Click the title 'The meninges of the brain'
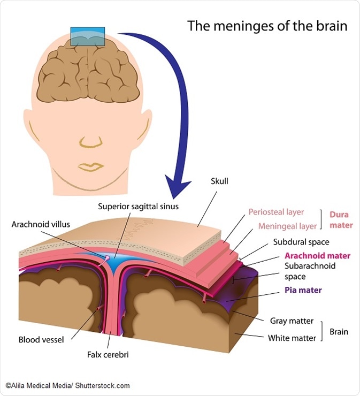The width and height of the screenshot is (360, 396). point(267,26)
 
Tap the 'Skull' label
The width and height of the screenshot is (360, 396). point(219,181)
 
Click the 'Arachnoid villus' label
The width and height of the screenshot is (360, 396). point(41,224)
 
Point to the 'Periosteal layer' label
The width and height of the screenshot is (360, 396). point(276,212)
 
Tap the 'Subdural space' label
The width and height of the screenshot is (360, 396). point(301,242)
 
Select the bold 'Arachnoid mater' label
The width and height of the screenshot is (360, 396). point(313,255)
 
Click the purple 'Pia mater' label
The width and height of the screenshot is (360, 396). point(303,291)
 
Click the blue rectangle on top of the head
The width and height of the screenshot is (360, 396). point(87,36)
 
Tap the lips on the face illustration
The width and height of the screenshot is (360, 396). point(91,166)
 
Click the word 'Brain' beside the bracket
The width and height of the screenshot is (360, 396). point(339,332)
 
